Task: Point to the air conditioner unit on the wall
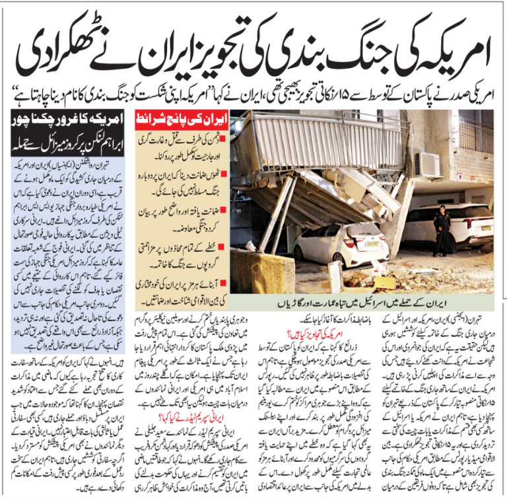point(428,165)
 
